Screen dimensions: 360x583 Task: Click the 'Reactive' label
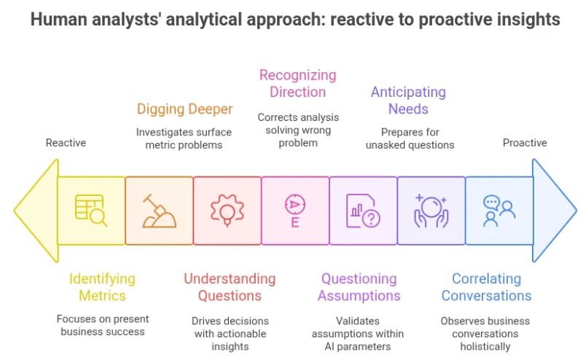66,143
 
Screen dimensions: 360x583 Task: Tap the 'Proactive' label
523,143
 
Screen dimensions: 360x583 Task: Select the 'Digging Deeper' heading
185,109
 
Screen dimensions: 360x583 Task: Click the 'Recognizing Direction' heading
298,83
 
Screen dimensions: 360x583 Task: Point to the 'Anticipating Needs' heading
408,101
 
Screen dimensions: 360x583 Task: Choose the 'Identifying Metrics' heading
102,287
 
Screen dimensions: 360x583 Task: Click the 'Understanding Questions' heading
230,287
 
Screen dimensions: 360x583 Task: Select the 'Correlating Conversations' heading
486,287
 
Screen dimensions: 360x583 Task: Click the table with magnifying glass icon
91,211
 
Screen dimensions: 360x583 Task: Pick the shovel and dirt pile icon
159,211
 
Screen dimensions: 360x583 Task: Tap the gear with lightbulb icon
227,211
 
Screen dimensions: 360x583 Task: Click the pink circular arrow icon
295,211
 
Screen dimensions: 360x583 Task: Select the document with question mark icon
363,211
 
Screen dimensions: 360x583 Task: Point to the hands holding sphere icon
431,211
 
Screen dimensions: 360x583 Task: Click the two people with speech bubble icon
499,211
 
